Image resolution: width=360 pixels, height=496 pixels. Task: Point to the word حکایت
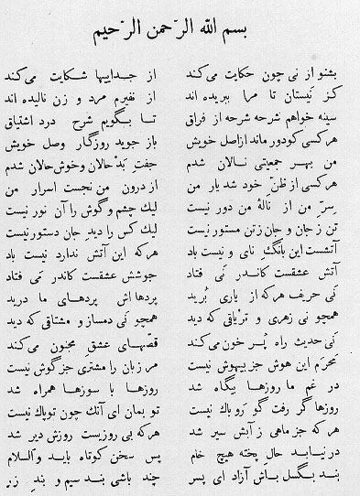pyautogui.click(x=244, y=70)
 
